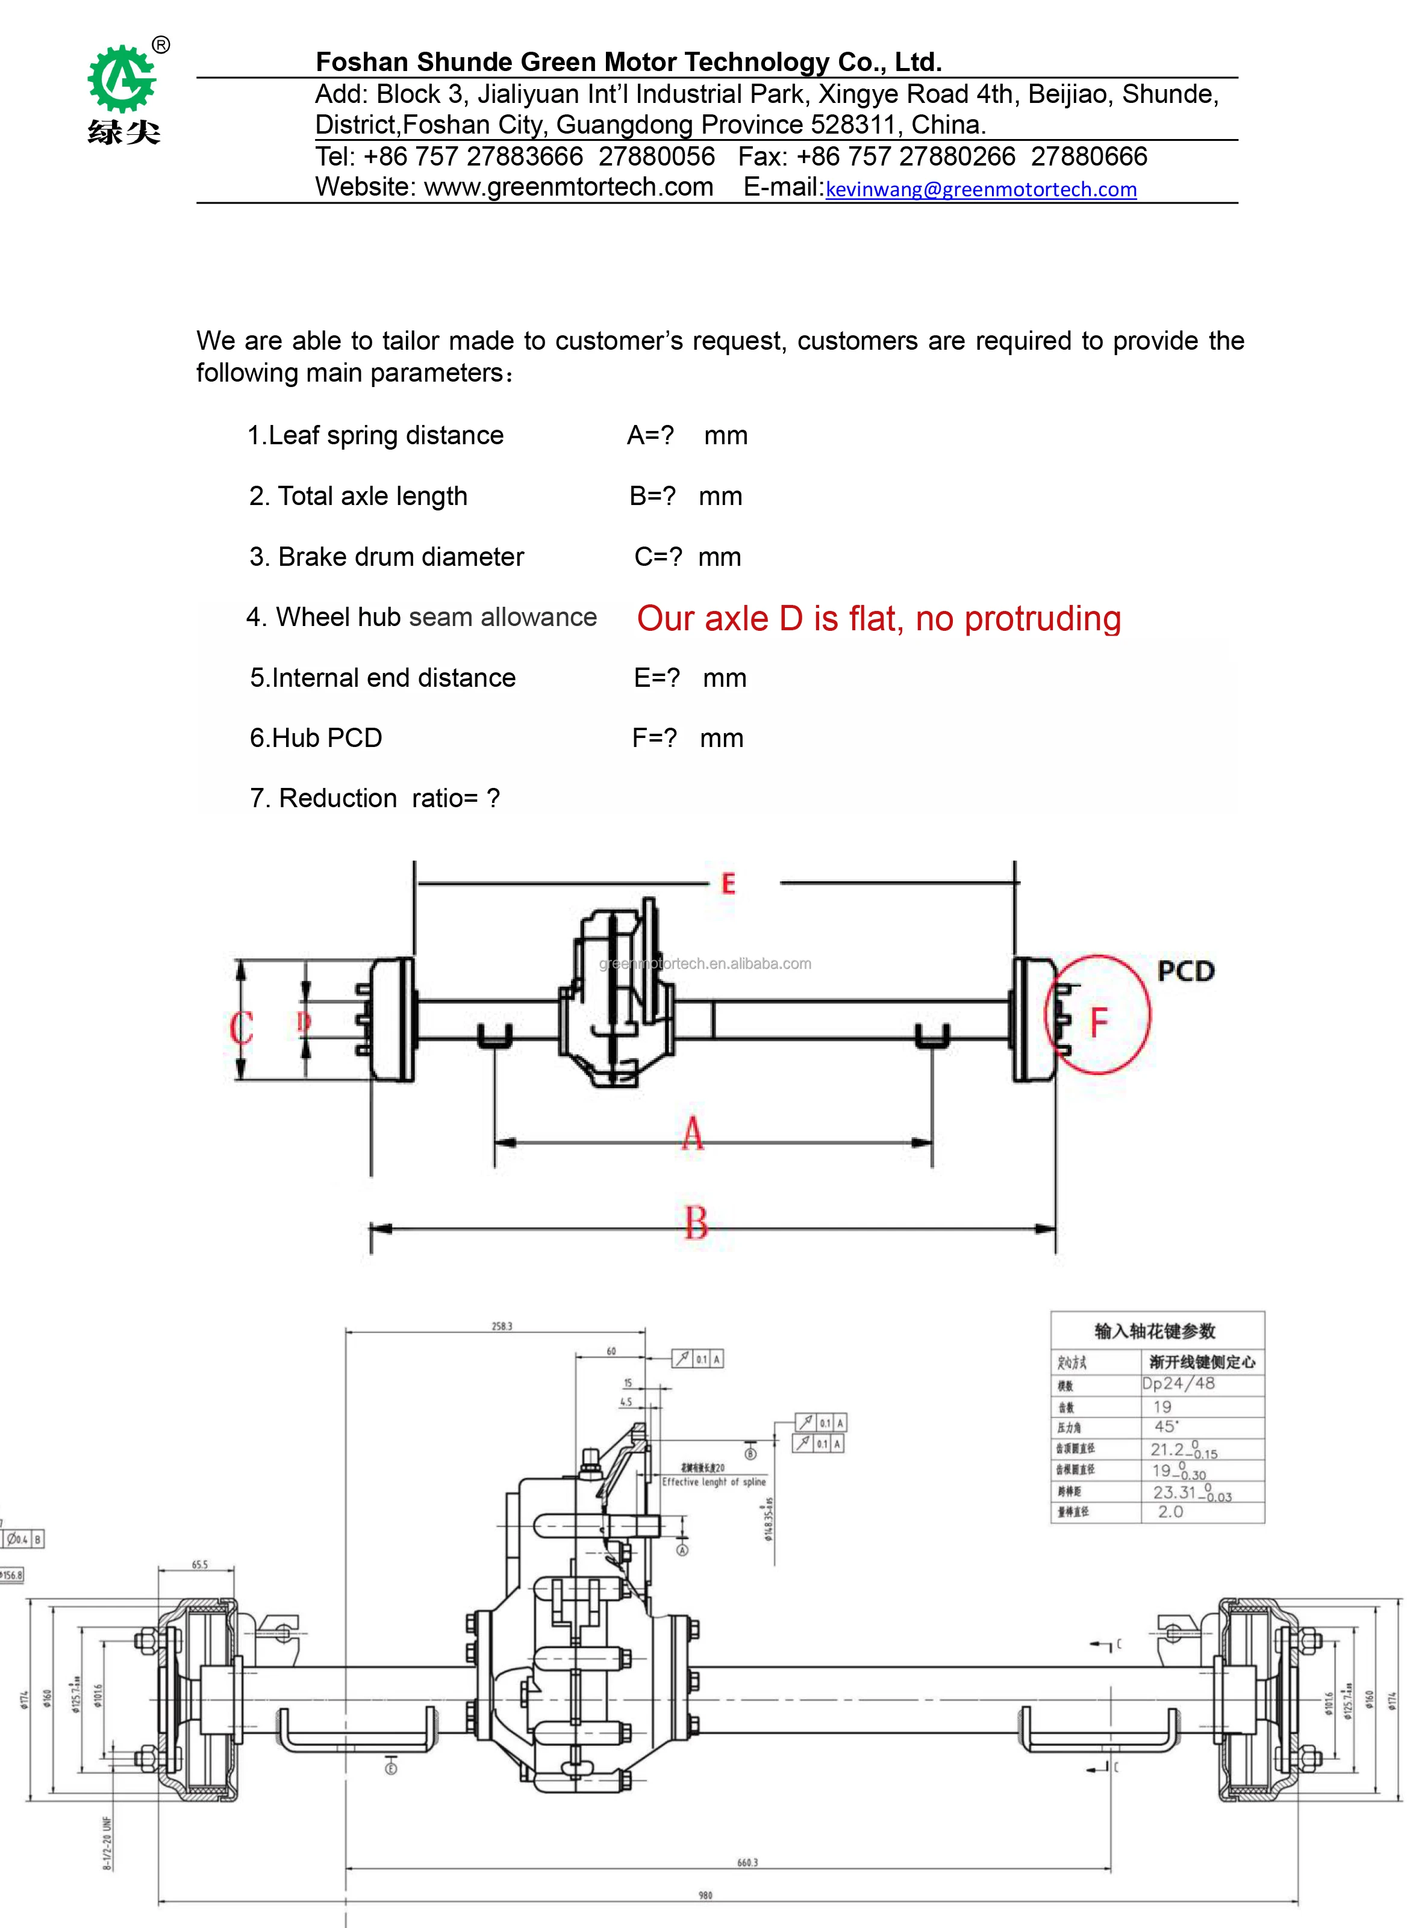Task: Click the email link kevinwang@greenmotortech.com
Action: tap(981, 190)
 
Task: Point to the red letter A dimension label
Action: tap(692, 1133)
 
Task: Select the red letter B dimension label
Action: tap(696, 1222)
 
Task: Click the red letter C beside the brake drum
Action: tap(241, 1027)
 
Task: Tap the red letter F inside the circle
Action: tap(1099, 1021)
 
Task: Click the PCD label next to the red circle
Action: tap(1185, 971)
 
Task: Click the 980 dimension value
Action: tap(705, 1895)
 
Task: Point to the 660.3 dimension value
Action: tap(747, 1862)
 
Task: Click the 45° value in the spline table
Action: tap(1166, 1427)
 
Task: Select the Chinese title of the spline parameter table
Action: tap(1155, 1331)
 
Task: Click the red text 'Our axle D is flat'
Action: tap(878, 619)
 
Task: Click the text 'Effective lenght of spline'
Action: tap(714, 1482)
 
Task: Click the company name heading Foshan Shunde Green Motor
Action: tap(628, 61)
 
